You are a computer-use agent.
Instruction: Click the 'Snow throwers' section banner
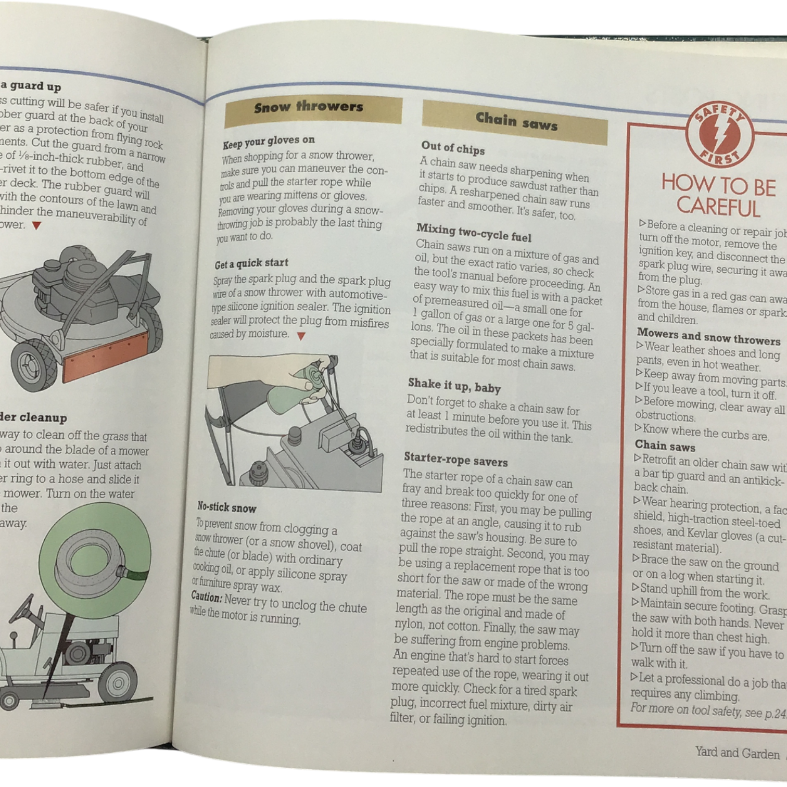pyautogui.click(x=313, y=111)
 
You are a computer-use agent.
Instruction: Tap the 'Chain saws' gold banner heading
pyautogui.click(x=515, y=122)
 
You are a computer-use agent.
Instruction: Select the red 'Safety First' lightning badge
pyautogui.click(x=720, y=136)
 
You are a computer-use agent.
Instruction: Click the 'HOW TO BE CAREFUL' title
pyautogui.click(x=719, y=196)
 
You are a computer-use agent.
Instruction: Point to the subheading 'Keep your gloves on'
pyautogui.click(x=268, y=142)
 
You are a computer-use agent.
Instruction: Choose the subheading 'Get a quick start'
pyautogui.click(x=251, y=263)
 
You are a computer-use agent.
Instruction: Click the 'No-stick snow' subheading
pyautogui.click(x=226, y=507)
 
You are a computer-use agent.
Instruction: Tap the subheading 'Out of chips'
pyautogui.click(x=452, y=148)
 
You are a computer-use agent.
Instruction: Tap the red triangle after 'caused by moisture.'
pyautogui.click(x=300, y=336)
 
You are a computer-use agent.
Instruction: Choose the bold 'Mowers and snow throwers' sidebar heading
pyautogui.click(x=708, y=337)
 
